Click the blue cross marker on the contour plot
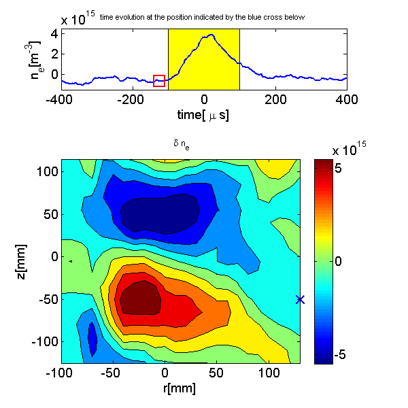[301, 299]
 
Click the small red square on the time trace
[159, 81]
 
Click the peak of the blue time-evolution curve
[212, 35]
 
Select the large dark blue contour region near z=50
[159, 214]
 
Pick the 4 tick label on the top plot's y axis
[52, 33]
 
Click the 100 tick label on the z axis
[45, 171]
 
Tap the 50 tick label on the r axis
[218, 373]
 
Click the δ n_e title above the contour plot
[180, 144]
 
